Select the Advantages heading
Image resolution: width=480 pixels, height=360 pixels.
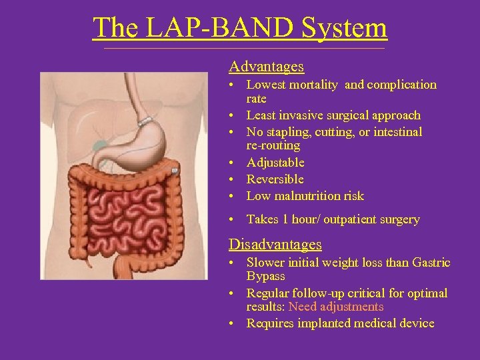pyautogui.click(x=266, y=67)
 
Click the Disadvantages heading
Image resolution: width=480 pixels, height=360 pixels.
pyautogui.click(x=275, y=245)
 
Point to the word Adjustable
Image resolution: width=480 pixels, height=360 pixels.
pyautogui.click(x=275, y=163)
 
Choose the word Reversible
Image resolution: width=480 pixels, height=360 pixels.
pyautogui.click(x=275, y=179)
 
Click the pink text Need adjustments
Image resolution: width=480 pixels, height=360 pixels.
pyautogui.click(x=336, y=307)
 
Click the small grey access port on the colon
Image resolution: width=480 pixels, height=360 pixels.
pyautogui.click(x=174, y=172)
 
